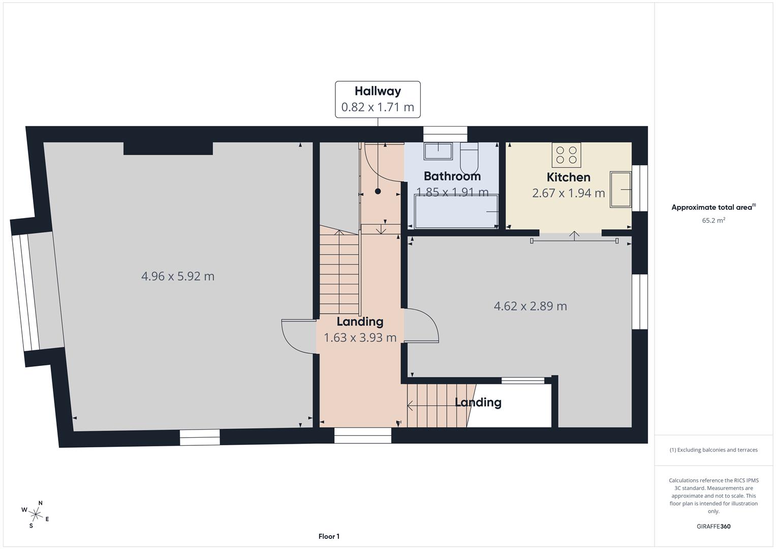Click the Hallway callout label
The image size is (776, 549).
click(378, 99)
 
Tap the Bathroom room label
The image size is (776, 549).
click(452, 176)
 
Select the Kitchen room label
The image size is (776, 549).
click(568, 177)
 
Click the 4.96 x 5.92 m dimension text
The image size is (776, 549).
click(178, 276)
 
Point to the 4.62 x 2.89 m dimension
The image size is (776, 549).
click(530, 306)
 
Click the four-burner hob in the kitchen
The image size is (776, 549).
click(566, 155)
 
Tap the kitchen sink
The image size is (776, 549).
click(620, 190)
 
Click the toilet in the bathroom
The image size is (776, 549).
click(469, 158)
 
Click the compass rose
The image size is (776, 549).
click(36, 513)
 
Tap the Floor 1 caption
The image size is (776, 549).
click(329, 536)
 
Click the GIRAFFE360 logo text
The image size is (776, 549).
click(713, 527)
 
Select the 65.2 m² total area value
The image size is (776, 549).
click(713, 221)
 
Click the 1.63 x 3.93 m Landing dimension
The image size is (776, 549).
click(360, 338)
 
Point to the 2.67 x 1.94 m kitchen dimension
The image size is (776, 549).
click(568, 193)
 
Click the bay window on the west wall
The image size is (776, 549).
click(25, 292)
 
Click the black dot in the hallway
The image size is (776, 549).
click(378, 191)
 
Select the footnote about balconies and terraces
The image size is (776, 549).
click(713, 450)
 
